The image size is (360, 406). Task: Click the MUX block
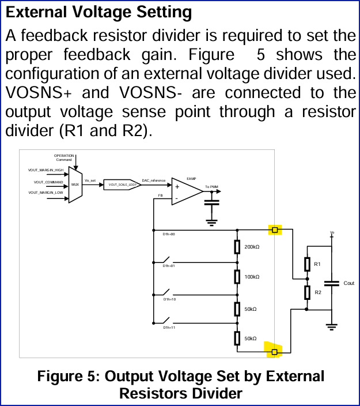[x=75, y=185]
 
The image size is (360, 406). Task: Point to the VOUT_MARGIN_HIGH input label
[x=46, y=170]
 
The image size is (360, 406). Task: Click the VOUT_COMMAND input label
[x=48, y=182]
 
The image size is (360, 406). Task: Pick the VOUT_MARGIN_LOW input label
[x=46, y=193]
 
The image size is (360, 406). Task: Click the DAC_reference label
[x=154, y=181]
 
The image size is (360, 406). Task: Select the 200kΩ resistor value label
[x=252, y=247]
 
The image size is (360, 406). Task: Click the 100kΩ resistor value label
[x=252, y=277]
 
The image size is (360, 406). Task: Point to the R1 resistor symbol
[x=307, y=264]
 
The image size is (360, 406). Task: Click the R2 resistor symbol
[x=307, y=293]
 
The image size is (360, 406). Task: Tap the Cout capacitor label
[x=348, y=283]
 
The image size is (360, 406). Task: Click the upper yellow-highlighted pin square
[x=275, y=230]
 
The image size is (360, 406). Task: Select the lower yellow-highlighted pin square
[x=275, y=351]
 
